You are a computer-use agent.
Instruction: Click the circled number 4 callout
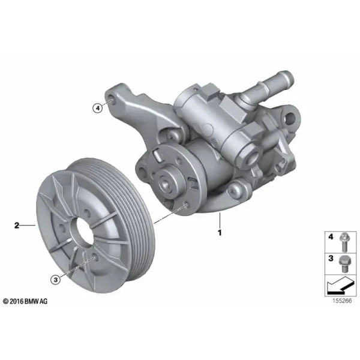98,107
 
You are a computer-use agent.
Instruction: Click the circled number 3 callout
56,280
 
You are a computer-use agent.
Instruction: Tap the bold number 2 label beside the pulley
17,226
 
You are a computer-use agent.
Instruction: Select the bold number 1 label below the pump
220,233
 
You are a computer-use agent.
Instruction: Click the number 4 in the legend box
331,237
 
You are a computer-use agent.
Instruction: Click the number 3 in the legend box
331,258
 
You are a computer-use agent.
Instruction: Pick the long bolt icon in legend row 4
344,242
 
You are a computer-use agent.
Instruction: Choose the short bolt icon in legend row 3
344,263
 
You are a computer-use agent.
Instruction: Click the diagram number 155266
342,301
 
